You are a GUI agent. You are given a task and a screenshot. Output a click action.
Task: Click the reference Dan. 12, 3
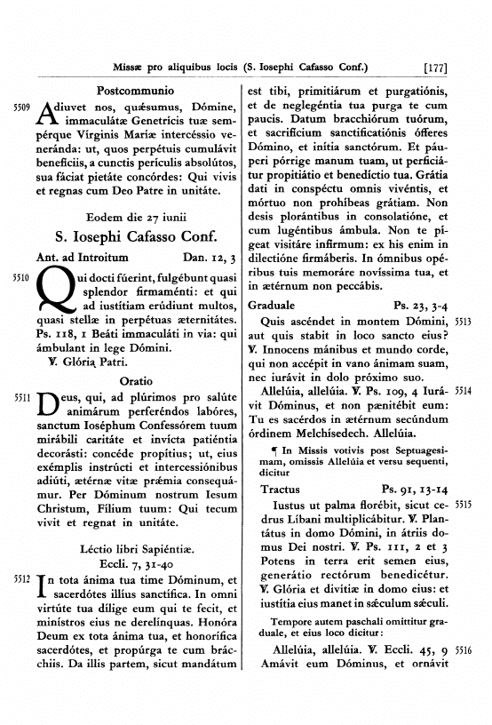(210, 259)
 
